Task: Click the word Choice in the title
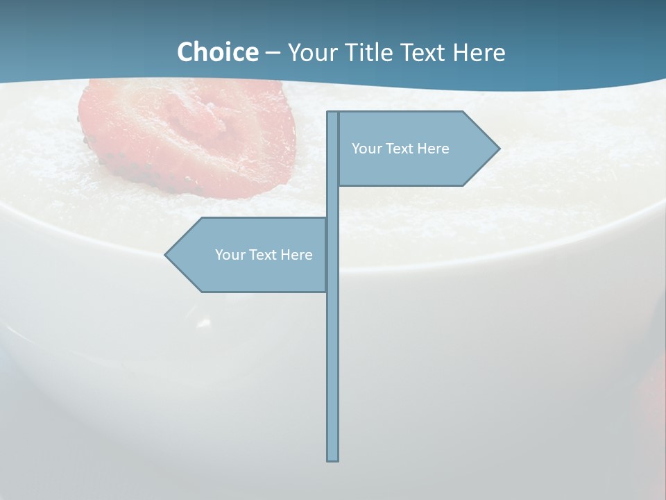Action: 217,52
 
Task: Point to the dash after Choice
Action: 273,53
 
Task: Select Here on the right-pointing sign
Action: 433,149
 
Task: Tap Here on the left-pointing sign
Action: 296,255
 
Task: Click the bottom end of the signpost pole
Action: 333,458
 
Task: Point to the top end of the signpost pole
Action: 333,114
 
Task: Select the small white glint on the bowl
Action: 203,323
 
